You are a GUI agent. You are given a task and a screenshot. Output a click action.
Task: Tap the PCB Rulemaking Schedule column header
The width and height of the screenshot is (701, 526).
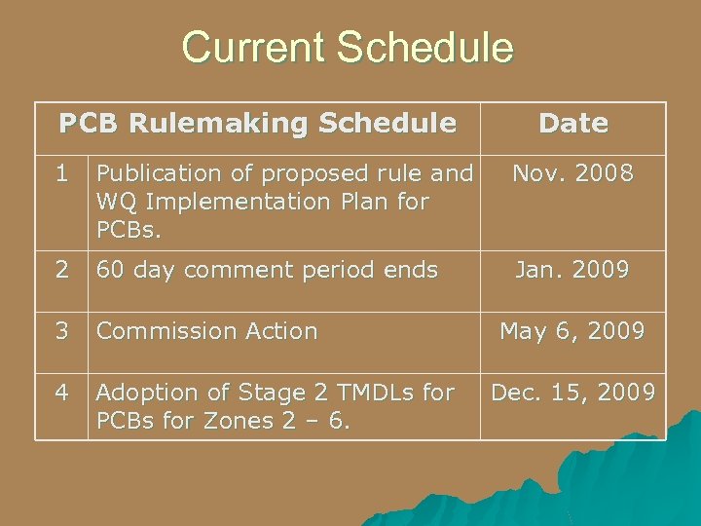tap(257, 124)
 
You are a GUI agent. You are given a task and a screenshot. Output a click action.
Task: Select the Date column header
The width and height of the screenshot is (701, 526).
tap(572, 124)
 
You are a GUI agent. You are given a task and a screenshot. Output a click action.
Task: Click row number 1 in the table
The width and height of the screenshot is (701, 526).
tap(61, 174)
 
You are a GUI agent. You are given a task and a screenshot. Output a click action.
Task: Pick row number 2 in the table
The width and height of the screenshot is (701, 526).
tap(61, 270)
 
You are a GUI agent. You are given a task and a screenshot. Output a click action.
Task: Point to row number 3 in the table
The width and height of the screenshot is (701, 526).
tap(61, 331)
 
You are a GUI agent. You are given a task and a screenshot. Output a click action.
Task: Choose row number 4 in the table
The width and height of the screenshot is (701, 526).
tap(61, 393)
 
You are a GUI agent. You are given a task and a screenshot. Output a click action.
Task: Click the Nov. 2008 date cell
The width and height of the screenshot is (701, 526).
tap(572, 174)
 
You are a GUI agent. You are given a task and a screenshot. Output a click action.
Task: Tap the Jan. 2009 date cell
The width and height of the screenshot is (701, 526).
tap(572, 270)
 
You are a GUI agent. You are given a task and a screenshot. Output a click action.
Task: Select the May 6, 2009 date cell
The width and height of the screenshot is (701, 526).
tap(572, 331)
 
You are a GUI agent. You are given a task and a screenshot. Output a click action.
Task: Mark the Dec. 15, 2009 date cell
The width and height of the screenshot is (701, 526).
tap(572, 393)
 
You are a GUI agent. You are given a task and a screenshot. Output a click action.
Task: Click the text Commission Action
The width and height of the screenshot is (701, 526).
tap(207, 331)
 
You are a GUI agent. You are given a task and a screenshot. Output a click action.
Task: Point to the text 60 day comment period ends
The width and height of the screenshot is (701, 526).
tap(267, 270)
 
